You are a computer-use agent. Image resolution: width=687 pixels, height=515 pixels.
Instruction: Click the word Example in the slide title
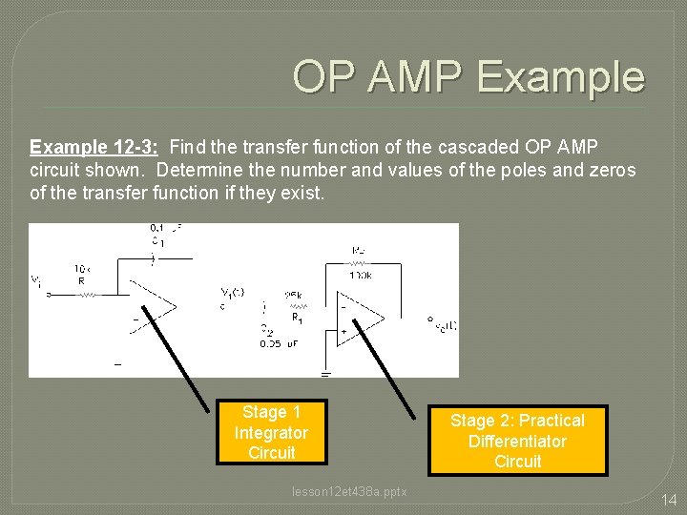pyautogui.click(x=561, y=76)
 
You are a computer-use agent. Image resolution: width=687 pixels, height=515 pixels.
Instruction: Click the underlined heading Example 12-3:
pyautogui.click(x=94, y=148)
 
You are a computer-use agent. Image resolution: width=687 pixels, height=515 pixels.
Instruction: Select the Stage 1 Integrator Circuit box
pyautogui.click(x=271, y=432)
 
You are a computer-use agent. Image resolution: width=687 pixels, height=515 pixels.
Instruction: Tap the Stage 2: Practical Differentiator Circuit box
pyautogui.click(x=517, y=441)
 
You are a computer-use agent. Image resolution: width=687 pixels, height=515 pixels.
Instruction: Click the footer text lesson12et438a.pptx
pyautogui.click(x=349, y=491)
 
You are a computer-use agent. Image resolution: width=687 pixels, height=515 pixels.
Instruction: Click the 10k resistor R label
pyautogui.click(x=82, y=275)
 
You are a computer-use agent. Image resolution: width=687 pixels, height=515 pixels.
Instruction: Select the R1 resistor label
pyautogui.click(x=298, y=317)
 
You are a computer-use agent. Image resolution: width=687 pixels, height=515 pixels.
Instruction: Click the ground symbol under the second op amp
pyautogui.click(x=325, y=373)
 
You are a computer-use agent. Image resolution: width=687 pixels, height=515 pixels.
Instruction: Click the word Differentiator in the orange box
pyautogui.click(x=517, y=442)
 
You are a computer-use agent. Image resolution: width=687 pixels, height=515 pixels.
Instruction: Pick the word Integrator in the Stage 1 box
pyautogui.click(x=271, y=432)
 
